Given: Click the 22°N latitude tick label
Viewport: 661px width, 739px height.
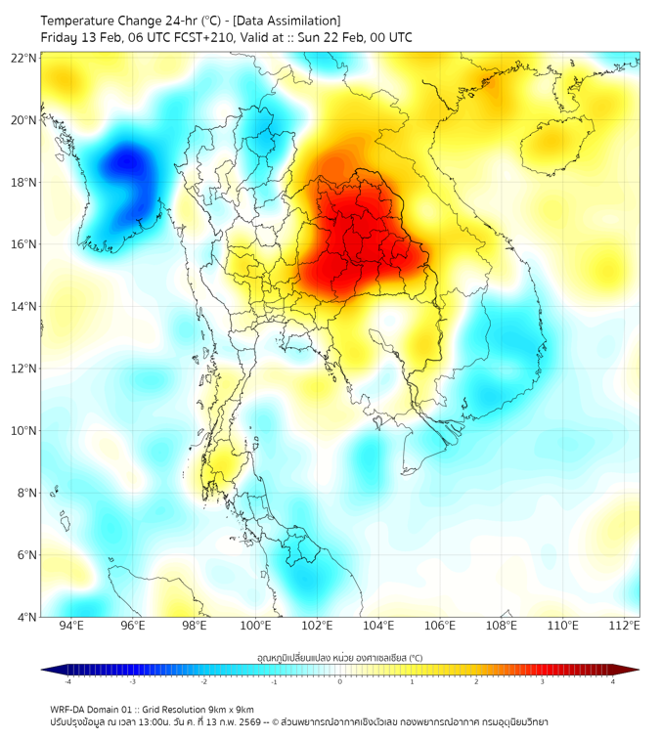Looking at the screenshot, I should pos(24,59).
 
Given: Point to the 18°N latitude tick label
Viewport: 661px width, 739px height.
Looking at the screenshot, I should pos(24,183).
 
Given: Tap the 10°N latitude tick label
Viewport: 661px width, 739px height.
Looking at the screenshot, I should pos(24,431).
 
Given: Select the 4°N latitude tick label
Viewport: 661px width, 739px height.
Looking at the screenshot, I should pos(26,617).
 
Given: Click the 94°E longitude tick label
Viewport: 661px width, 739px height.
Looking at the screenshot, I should pos(71,626).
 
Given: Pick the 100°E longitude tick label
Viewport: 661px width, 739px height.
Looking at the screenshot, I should pos(256,626).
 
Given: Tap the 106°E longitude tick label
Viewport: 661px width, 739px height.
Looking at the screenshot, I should pos(440,626).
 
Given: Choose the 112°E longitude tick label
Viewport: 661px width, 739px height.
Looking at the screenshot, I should pos(626,626).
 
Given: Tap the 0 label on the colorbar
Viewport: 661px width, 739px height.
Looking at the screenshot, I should pos(340,681).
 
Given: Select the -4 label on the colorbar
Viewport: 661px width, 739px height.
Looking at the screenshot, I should pos(67,681).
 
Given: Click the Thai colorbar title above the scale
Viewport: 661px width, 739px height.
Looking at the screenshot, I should pos(339,657).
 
